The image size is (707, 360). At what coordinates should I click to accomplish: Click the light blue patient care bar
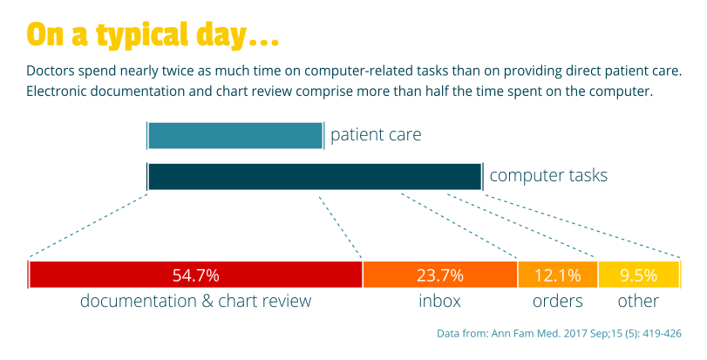pos(235,136)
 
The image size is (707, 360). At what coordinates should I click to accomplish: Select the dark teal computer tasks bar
pos(314,176)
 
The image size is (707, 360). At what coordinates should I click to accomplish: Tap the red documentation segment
pos(105,275)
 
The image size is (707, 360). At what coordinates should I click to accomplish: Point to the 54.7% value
pos(195,275)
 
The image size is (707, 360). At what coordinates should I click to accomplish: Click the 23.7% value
pos(439,275)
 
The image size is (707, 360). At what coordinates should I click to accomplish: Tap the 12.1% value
pos(557,275)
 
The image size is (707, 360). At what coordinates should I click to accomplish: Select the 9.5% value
pos(638,275)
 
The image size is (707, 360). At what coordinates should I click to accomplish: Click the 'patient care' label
pos(376,135)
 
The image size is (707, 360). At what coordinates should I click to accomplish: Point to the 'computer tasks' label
pos(548,175)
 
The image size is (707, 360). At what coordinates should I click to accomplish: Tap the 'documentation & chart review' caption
pos(195,302)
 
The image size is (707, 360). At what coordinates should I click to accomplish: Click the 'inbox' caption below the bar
pos(439,302)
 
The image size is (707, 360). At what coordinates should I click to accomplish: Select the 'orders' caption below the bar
pos(557,302)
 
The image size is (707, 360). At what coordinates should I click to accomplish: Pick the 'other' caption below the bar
pos(638,302)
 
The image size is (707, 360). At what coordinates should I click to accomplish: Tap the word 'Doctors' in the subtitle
pos(51,69)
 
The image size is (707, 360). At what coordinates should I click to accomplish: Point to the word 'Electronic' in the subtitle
pos(59,91)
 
